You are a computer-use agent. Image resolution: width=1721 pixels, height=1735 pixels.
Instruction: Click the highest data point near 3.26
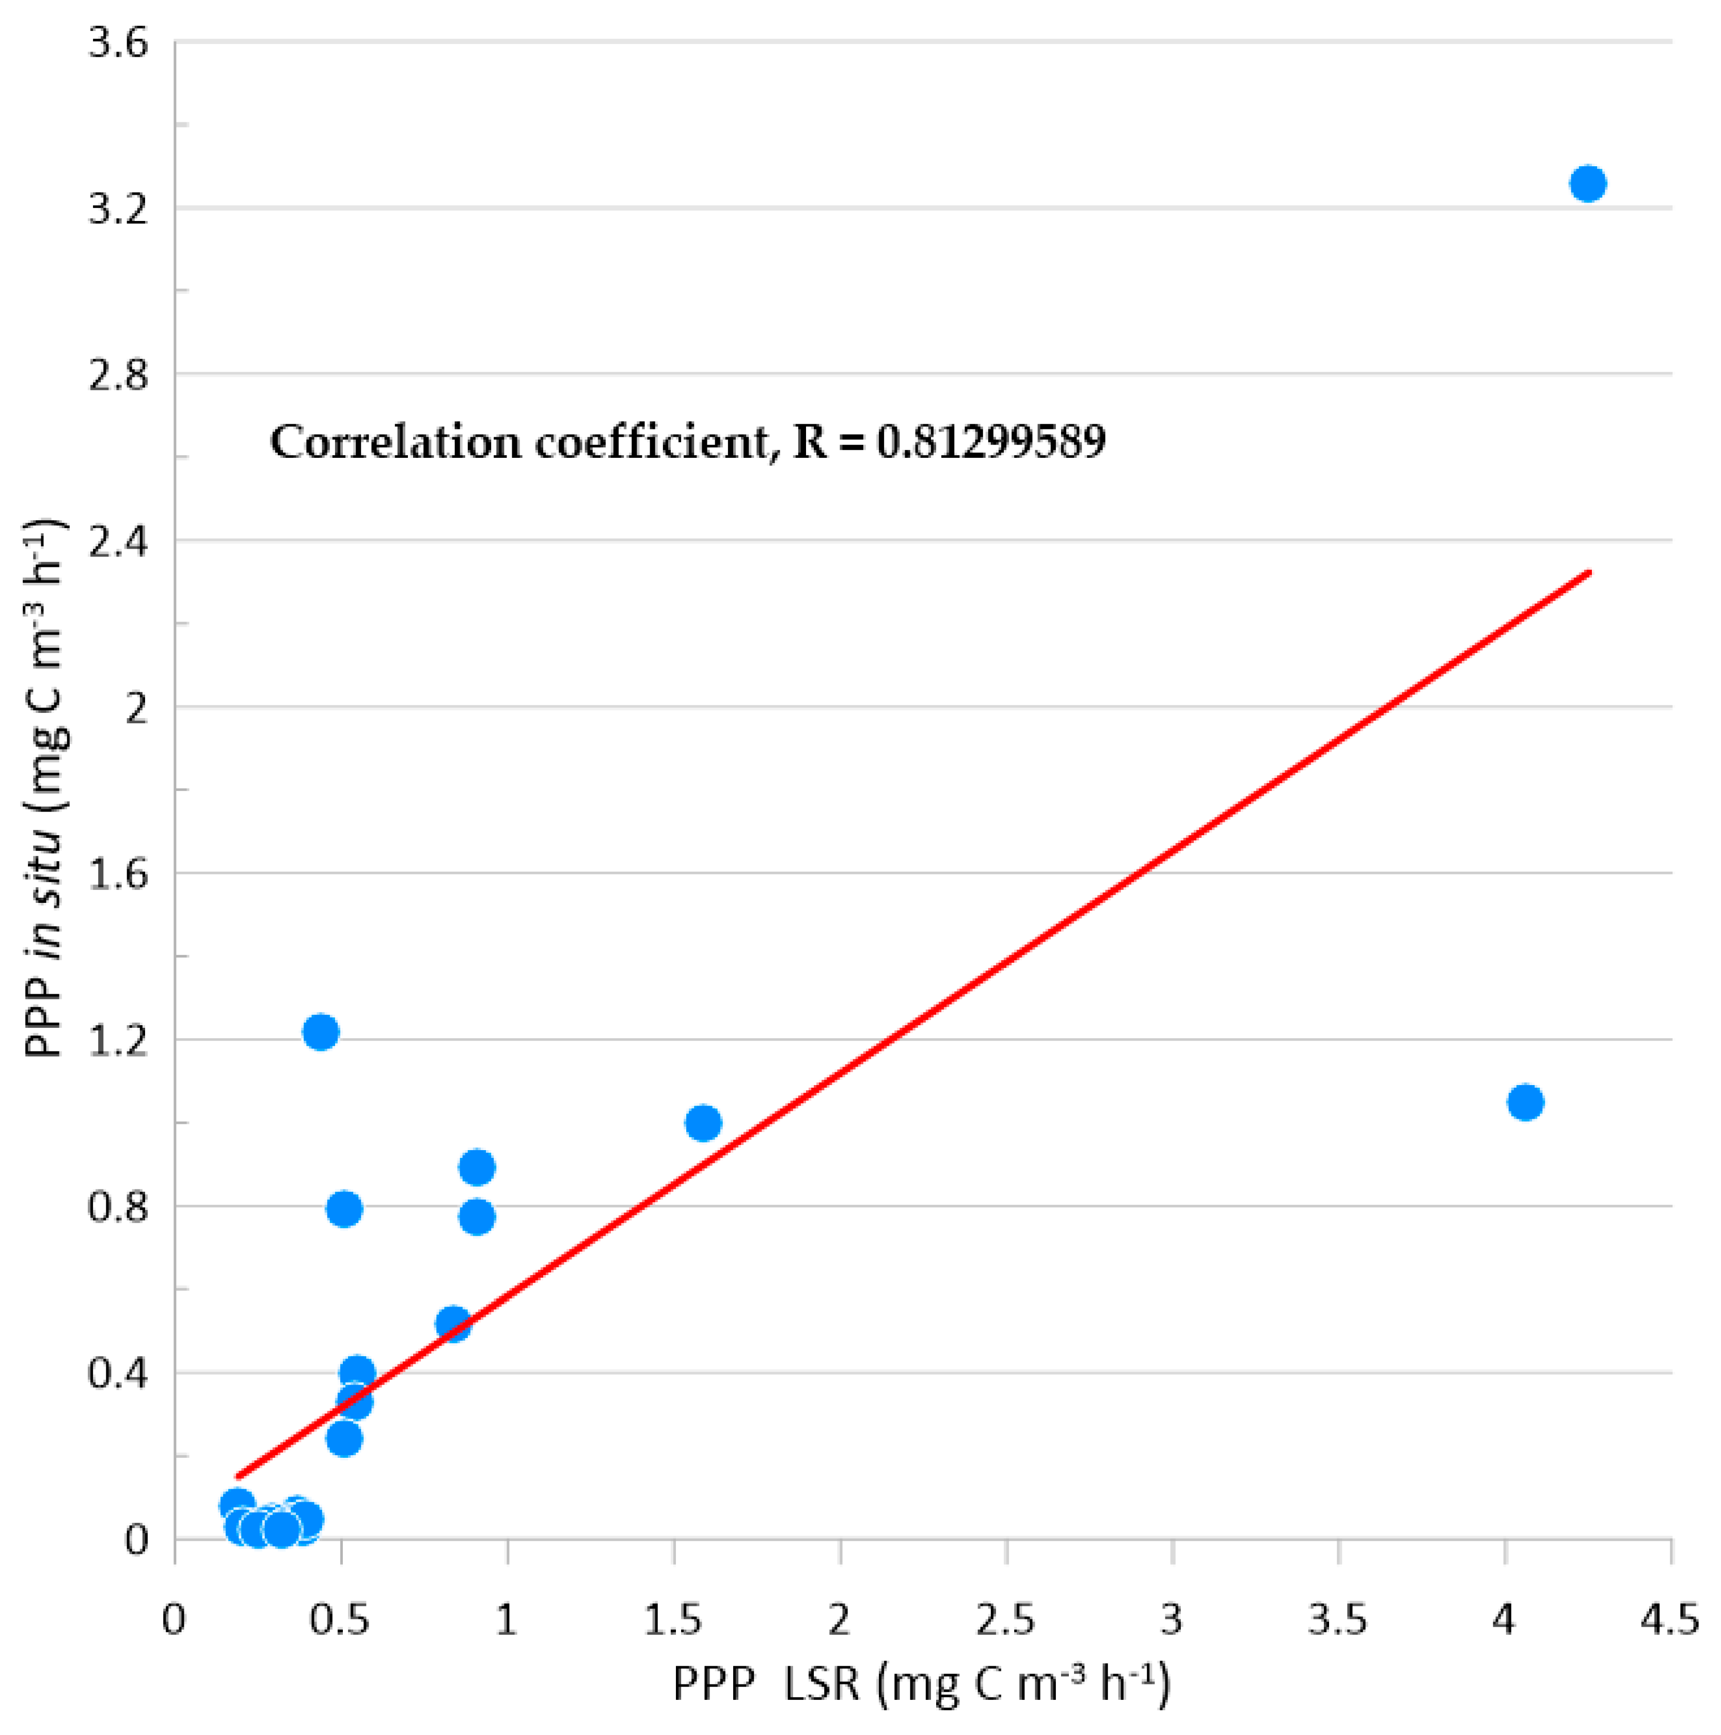1587,183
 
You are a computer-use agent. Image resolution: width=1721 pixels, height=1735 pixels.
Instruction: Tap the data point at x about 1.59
703,1123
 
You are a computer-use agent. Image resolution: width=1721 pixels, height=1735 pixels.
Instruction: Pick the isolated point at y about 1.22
321,1032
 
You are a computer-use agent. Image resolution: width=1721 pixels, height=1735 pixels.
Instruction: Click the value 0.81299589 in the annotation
991,442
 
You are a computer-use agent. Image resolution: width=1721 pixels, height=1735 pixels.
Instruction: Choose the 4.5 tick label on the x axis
1671,1619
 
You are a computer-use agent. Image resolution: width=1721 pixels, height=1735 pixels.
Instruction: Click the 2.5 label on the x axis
1006,1619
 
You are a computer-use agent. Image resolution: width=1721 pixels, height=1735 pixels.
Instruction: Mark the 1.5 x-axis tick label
674,1619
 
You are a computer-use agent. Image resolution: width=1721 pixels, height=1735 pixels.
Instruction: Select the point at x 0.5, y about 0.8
344,1209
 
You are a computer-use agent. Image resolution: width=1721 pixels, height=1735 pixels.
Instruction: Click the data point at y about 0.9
477,1168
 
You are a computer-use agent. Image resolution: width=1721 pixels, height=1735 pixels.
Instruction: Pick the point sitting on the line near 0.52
453,1324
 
